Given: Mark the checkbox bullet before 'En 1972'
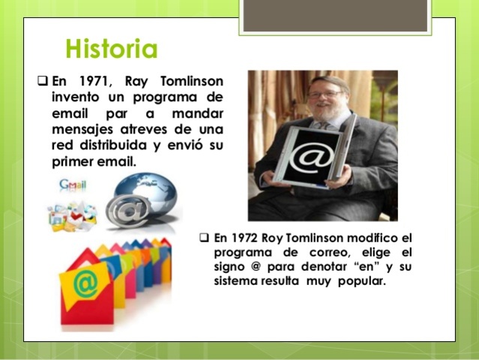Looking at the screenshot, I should click(204, 238).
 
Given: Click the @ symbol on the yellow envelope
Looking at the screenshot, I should click(85, 284).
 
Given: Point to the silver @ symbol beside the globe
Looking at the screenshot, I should click(127, 211).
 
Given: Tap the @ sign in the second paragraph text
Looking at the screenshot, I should click(253, 267).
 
